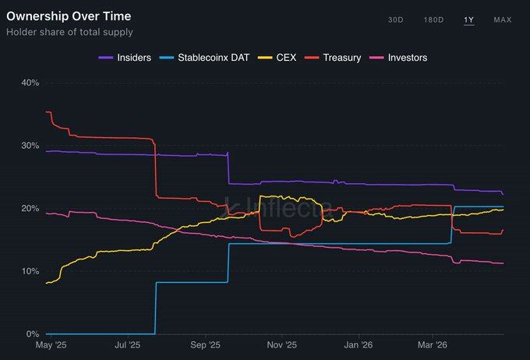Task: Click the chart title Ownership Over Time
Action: click(69, 16)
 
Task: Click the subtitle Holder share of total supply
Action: click(69, 32)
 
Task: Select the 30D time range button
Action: click(396, 19)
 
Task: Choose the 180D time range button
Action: click(433, 19)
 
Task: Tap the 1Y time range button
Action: click(468, 19)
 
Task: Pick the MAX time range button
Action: click(502, 19)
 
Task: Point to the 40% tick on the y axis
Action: click(30, 83)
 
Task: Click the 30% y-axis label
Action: click(30, 146)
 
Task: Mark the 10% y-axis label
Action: click(30, 271)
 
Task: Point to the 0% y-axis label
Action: click(32, 334)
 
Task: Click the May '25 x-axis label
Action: click(52, 344)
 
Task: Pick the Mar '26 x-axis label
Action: click(433, 344)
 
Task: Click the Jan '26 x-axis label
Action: click(358, 344)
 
